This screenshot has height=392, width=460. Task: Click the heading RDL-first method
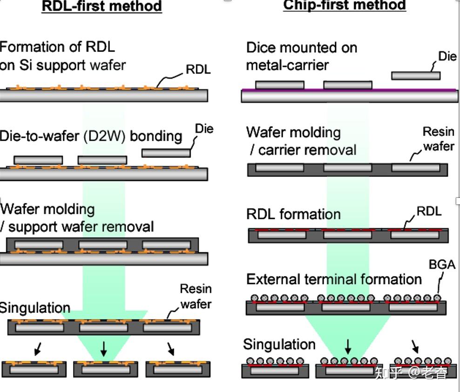(x=101, y=6)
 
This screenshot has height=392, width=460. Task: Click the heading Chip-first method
(x=345, y=5)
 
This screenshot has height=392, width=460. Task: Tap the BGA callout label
(x=442, y=264)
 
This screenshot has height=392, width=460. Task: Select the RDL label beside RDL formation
(x=429, y=210)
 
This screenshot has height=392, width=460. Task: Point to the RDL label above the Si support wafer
(x=198, y=69)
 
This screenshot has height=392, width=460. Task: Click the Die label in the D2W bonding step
(x=204, y=128)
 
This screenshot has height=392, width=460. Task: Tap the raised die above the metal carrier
(x=416, y=75)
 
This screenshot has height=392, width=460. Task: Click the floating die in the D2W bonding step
(x=166, y=153)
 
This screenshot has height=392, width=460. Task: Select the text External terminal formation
(x=334, y=279)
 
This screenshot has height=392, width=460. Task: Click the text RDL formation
(x=293, y=214)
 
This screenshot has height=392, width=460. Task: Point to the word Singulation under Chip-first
(x=279, y=345)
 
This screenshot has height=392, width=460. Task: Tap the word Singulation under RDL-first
(x=35, y=308)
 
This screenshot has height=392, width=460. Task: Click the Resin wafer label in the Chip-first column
(x=438, y=139)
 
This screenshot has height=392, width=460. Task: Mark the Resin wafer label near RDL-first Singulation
(x=196, y=297)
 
